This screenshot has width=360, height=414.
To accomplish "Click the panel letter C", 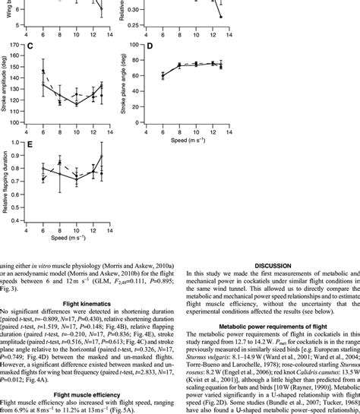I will tap(29, 46).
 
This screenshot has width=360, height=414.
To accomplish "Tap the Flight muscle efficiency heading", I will tap(87, 373).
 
